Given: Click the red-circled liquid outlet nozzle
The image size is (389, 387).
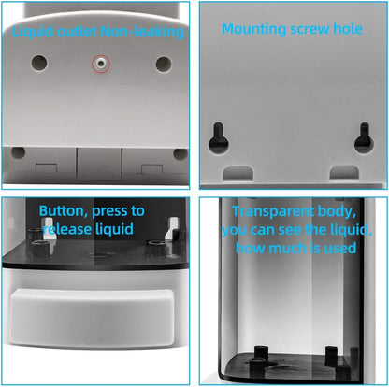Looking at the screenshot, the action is pos(101,64).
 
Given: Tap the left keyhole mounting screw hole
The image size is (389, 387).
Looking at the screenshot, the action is pos(219,138).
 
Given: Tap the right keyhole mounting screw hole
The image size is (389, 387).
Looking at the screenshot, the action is pos(364,137).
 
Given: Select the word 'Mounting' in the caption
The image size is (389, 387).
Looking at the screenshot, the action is pos(254,30).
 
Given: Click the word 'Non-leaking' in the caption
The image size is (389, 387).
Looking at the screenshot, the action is pos(142,32).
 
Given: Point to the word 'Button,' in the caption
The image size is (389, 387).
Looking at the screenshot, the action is pos(64,211).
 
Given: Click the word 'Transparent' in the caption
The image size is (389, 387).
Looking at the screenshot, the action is pos(273,212).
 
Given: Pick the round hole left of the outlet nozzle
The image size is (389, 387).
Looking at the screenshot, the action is pos(39,63).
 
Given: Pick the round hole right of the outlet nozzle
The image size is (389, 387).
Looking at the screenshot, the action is pos(164,64).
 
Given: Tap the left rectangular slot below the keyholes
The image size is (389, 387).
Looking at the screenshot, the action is pos(238,173).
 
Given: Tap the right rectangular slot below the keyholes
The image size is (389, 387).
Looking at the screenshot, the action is pos(344,172).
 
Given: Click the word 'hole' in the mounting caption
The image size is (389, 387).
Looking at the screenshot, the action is pos(348,29).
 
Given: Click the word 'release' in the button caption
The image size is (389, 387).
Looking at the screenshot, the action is pos(67,229).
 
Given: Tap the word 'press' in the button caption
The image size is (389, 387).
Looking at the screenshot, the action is pos(109,212).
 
